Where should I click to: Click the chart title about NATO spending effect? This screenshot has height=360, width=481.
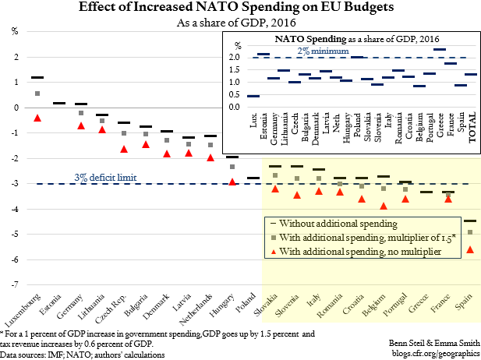tap(240, 9)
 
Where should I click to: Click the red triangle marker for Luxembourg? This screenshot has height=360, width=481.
tap(37, 118)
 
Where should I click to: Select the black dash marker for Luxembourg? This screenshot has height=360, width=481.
tap(37, 78)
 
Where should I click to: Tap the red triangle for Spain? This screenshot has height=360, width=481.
tap(469, 249)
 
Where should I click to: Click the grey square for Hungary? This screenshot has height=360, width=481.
tap(232, 167)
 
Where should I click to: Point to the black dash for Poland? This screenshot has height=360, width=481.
tap(253, 178)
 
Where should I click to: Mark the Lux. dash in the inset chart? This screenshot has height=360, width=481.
tap(253, 96)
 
